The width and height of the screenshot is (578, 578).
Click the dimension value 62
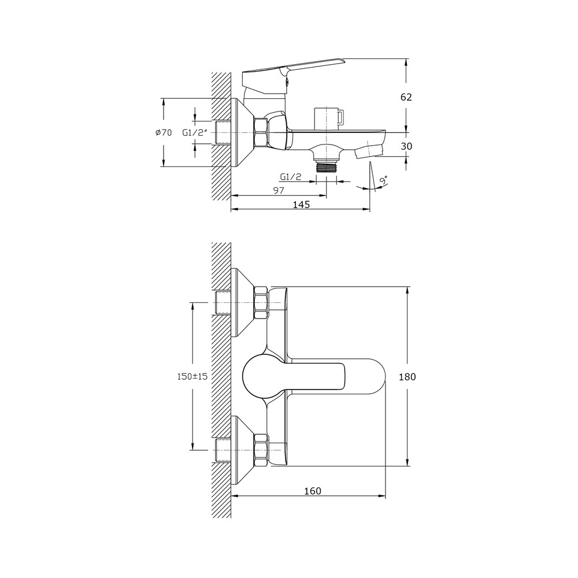pos(406,97)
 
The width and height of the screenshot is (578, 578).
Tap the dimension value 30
pos(406,146)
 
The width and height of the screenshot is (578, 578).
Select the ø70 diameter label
pos(164,133)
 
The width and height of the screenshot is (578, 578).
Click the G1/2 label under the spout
pos(291,177)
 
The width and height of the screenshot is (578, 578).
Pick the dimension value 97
pos(279,190)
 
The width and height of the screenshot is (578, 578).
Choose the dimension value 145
pos(301,205)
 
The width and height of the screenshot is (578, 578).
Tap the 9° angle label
pos(383,180)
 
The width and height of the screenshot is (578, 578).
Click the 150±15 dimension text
pos(193,376)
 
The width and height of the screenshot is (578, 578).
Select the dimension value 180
pos(407,377)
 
